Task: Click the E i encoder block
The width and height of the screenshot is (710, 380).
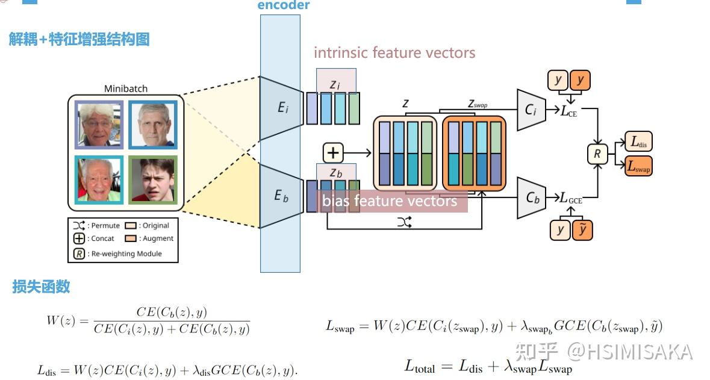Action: (282, 108)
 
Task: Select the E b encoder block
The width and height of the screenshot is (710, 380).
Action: (281, 196)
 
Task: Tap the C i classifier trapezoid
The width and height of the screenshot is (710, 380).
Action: (531, 110)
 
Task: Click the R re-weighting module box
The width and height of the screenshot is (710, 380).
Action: (597, 154)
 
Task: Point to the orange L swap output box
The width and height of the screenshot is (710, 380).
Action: (638, 167)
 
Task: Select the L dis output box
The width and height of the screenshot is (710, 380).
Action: (638, 142)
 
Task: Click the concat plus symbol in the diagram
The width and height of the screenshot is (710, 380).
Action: (332, 153)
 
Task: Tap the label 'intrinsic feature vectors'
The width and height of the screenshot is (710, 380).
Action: (394, 53)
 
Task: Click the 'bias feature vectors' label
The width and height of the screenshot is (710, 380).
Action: (390, 201)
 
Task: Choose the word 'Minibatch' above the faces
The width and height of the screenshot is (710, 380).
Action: (126, 89)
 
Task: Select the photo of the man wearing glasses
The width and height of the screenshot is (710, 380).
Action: (99, 125)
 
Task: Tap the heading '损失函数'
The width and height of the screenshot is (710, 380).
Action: (41, 287)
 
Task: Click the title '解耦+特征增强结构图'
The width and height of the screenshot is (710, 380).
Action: (79, 40)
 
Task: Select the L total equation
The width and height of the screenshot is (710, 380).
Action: (488, 366)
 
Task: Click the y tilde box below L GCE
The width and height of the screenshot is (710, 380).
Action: (581, 229)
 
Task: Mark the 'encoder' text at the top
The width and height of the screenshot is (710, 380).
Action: (283, 5)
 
